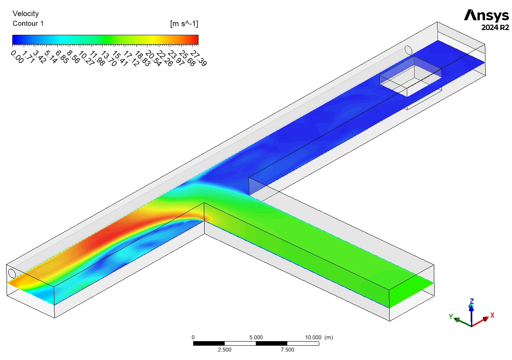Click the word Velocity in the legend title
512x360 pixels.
26,14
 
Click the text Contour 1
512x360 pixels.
28,23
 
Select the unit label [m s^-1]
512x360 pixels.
184,24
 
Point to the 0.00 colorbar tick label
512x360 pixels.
17,57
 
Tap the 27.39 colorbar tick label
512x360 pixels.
198,58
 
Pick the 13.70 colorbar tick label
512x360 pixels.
108,58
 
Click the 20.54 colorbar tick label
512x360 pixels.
153,58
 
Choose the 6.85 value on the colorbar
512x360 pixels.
62,57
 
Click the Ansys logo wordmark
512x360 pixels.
486,15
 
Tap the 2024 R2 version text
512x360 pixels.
495,27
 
